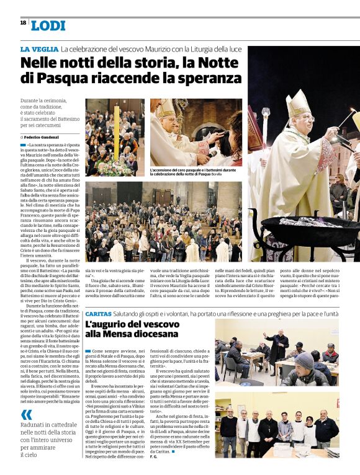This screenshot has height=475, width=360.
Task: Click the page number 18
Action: (x=23, y=22)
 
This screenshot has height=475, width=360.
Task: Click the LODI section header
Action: (x=48, y=25)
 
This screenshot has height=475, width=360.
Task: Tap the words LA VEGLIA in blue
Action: (x=38, y=48)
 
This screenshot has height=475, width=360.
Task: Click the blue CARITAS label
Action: (x=98, y=314)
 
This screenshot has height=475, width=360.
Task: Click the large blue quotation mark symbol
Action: (x=26, y=414)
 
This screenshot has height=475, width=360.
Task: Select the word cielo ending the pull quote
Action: (x=29, y=455)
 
